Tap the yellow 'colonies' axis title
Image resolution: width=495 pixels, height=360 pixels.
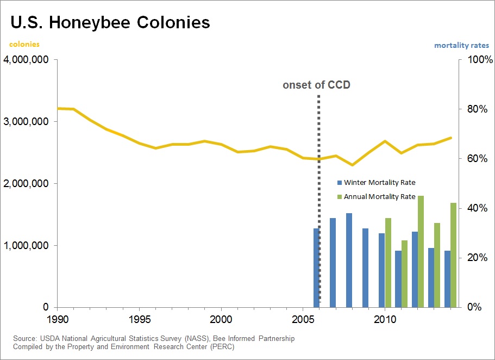(x=24, y=45)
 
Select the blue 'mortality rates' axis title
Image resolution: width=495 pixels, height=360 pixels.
(x=461, y=46)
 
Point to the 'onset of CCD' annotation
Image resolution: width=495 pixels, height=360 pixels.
(x=316, y=85)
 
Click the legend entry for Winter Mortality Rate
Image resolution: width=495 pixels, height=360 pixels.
(x=379, y=183)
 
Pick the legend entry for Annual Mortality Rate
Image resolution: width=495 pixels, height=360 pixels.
(x=379, y=197)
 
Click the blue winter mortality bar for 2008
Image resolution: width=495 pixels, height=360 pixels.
(x=349, y=260)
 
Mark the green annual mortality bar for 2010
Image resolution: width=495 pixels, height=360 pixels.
(x=388, y=262)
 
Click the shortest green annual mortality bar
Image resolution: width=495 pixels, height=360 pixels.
(x=404, y=274)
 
